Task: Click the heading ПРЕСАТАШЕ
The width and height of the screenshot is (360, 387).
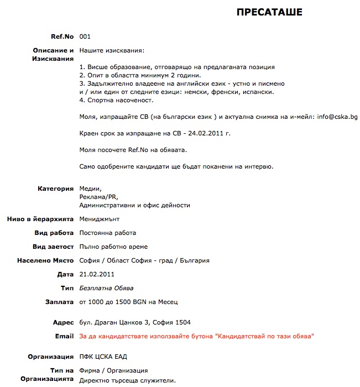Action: [x=269, y=12]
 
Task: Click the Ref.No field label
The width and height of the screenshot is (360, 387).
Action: [x=62, y=37]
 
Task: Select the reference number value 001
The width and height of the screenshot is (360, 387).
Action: [x=85, y=37]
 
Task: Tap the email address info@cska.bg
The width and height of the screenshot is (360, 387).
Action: [x=337, y=117]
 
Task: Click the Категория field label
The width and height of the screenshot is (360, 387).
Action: [x=55, y=189]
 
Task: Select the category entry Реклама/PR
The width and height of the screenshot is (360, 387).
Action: [x=99, y=197]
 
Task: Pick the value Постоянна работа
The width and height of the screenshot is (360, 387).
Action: [x=108, y=233]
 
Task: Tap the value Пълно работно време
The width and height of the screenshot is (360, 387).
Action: [x=113, y=247]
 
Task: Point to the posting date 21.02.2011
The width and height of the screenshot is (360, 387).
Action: [x=97, y=274]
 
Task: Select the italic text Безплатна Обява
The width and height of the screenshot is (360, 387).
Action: [x=106, y=288]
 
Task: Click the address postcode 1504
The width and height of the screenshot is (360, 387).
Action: [x=183, y=322]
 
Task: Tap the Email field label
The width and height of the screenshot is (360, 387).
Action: [x=64, y=336]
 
